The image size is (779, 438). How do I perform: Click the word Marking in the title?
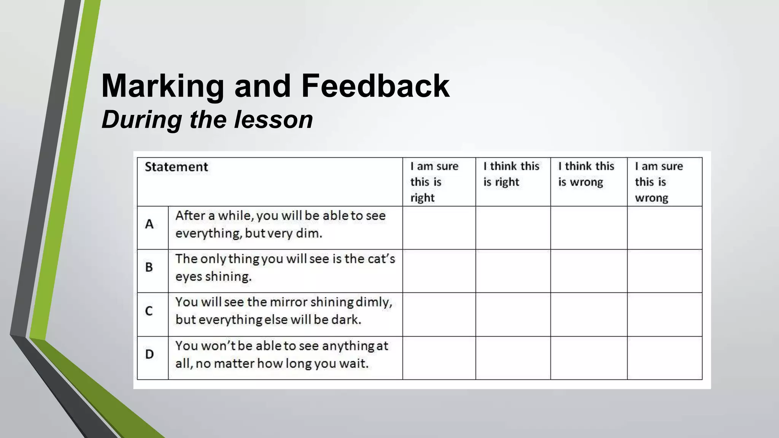coord(163,87)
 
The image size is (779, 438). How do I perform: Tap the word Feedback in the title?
coord(375,86)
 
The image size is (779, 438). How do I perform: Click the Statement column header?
coord(176,167)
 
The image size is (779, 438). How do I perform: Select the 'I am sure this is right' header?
coord(434,182)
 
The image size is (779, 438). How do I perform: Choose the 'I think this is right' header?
coord(511,174)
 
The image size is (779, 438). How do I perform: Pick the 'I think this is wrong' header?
coord(586,174)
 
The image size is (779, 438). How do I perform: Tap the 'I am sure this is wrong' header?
coord(658,182)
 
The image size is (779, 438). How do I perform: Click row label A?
coord(149,224)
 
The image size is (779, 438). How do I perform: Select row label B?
coord(149,267)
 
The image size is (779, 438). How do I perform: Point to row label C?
coord(149,311)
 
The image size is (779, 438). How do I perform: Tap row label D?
coord(149,354)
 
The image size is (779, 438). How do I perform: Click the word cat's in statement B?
coord(382,259)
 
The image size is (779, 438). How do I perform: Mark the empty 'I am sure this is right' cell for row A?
coord(439,228)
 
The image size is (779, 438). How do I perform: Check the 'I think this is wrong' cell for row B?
coord(589,271)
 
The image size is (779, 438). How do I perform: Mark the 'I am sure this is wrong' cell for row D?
coord(665,358)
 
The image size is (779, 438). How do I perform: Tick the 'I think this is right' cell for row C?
coord(513,314)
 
